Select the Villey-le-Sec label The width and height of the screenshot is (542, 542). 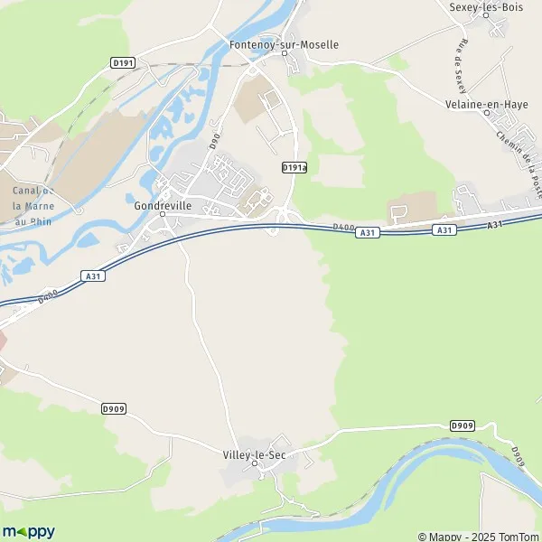coord(255,454)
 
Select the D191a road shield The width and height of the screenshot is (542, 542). coord(294,167)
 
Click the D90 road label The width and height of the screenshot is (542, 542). coord(214,141)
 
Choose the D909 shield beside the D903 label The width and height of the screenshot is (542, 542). coord(462,425)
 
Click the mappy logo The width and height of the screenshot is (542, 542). coord(28,531)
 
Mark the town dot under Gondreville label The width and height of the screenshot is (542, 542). coord(163,214)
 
